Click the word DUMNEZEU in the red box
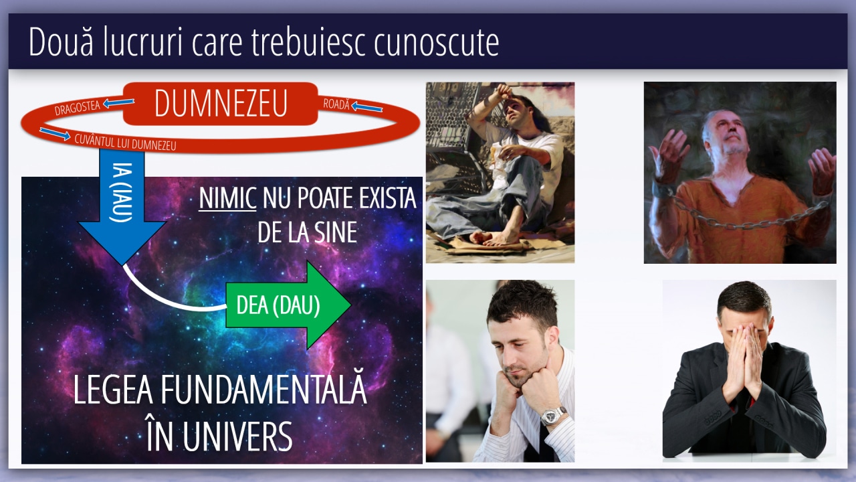click(221, 103)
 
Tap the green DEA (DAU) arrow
click(288, 305)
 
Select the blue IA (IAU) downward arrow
click(122, 207)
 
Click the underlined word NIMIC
click(227, 198)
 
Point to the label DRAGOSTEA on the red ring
click(77, 108)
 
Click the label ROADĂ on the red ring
click(336, 104)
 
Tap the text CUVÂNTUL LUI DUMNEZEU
click(125, 143)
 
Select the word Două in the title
click(61, 42)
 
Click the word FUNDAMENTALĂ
click(263, 390)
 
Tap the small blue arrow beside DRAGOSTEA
click(118, 102)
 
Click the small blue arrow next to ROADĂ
click(366, 106)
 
